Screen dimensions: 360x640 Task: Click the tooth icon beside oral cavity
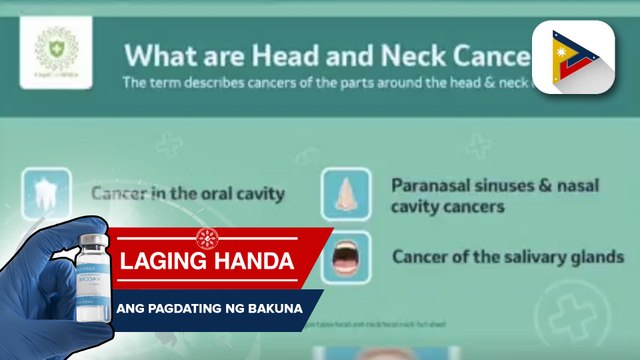[46, 193]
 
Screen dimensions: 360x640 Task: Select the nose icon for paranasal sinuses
[346, 194]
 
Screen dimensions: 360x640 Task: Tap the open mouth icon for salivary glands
[346, 255]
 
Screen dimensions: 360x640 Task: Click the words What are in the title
[170, 54]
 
